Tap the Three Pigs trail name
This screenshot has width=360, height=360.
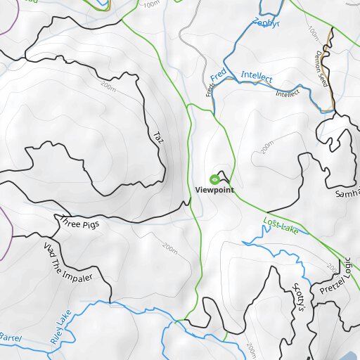(80, 223)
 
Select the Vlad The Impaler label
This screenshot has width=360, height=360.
(68, 262)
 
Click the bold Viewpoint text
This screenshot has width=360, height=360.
(214, 191)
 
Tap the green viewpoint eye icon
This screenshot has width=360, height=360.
(214, 179)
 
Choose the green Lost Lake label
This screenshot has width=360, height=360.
(281, 226)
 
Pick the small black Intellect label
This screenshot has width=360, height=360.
(287, 93)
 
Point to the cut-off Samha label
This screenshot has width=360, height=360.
(347, 193)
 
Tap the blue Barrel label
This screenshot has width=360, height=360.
(10, 337)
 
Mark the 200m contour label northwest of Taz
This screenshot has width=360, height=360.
(108, 86)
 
